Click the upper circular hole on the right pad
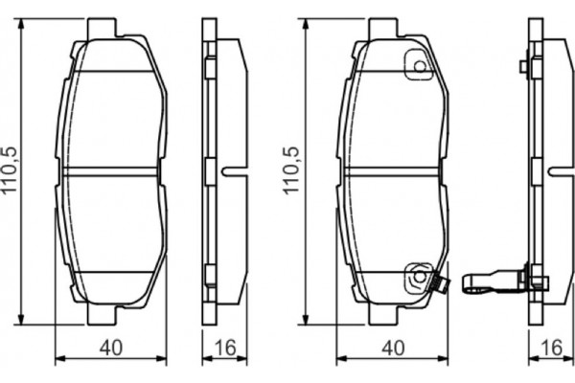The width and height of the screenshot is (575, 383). [418, 66]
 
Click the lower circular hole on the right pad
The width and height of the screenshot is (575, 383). [418, 277]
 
